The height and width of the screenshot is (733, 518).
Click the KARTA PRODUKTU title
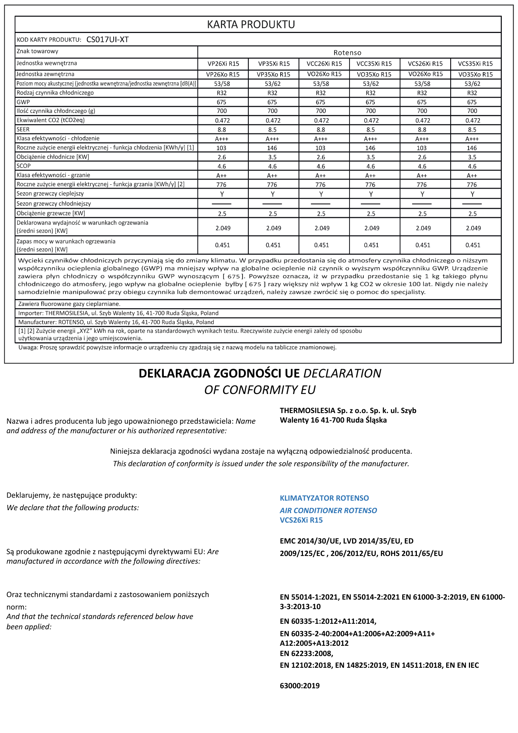pos(251,25)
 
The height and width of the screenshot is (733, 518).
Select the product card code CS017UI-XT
pos(107,40)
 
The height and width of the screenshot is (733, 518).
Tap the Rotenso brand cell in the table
pos(347,53)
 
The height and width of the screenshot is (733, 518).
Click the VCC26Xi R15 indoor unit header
pos(324,64)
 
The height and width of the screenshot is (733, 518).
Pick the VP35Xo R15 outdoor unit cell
pos(273,74)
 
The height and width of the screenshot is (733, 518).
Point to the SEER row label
pos(23,129)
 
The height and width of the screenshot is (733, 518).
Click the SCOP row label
pos(24,166)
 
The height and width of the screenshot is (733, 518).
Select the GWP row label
pos(23,102)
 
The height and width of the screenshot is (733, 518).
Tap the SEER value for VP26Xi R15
pos(222,130)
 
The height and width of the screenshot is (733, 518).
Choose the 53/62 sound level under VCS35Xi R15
pos(472,84)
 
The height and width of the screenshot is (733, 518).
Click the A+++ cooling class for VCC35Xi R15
pos(370,139)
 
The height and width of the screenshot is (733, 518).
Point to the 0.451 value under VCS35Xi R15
pos(473,245)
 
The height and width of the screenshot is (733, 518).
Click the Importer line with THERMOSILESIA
pos(118,313)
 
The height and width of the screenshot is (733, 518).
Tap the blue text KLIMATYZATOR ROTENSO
pos(324,498)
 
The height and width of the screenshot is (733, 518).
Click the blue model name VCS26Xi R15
pos(301,520)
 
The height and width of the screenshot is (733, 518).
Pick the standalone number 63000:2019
pos(300,686)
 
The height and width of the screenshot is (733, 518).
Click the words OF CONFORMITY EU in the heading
pos(260,390)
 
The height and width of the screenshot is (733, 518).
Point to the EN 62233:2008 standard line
pos(306,653)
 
